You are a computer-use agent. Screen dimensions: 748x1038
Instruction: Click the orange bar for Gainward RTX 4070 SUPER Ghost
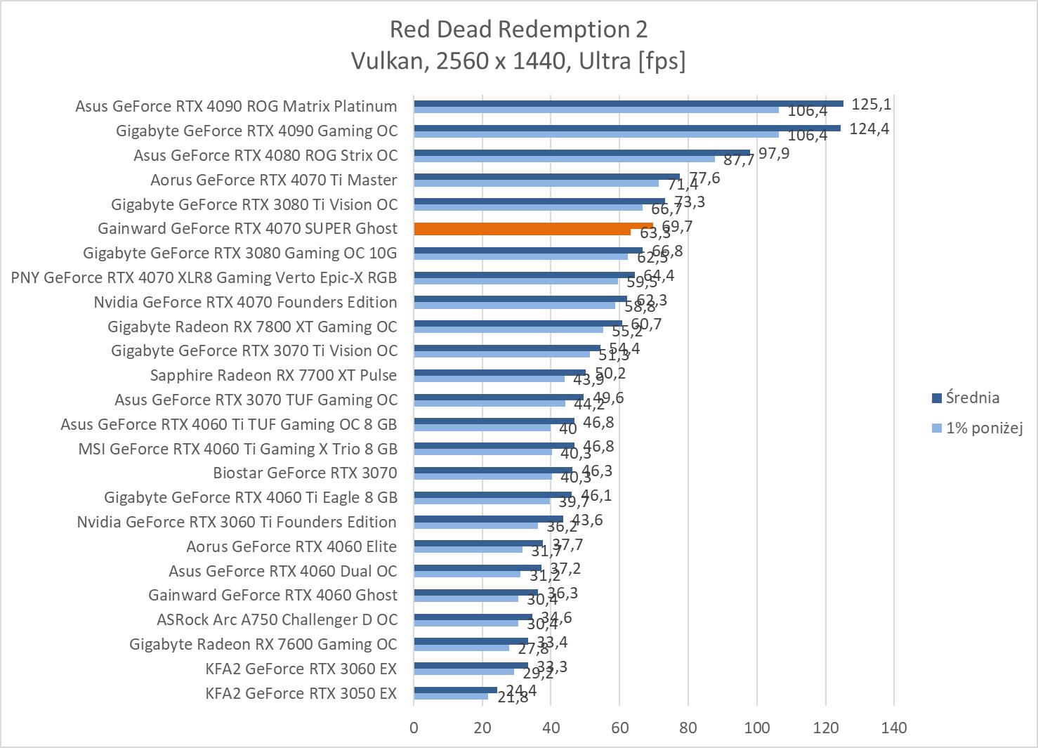pos(534,226)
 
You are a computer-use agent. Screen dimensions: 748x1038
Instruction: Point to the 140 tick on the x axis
pos(894,728)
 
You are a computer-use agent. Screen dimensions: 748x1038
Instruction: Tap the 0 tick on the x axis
pos(414,728)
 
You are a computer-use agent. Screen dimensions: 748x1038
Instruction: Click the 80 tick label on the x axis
pos(688,728)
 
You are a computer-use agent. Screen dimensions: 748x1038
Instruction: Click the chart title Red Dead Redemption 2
pos(518,29)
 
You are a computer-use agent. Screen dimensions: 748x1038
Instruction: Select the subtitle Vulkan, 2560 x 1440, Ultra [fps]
pos(518,61)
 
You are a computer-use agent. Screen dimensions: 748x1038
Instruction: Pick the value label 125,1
pos(871,105)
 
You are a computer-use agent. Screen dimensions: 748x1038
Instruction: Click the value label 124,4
pos(869,129)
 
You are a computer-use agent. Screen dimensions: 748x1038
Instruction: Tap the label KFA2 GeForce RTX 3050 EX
pos(301,693)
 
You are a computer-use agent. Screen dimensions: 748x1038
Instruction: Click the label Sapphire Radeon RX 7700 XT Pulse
pos(273,375)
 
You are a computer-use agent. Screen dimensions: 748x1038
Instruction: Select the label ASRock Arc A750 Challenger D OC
pos(277,619)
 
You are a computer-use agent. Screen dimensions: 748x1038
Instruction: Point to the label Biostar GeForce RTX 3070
pos(305,473)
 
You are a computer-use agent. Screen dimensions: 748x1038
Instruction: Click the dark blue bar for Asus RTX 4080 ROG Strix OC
pos(582,152)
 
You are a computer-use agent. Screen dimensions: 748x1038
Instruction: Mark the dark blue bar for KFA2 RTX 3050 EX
pos(455,690)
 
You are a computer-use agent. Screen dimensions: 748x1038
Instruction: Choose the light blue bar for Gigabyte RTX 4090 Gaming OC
pos(596,134)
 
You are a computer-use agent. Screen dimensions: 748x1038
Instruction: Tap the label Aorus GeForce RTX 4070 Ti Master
pos(273,180)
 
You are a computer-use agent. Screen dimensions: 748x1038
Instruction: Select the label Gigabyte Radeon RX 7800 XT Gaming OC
pos(252,327)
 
